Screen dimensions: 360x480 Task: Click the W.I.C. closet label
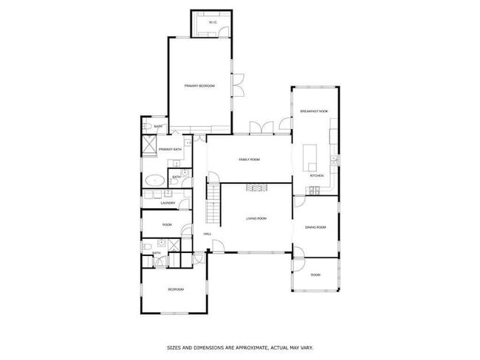pyautogui.click(x=213, y=22)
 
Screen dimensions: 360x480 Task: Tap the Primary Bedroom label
pyautogui.click(x=199, y=86)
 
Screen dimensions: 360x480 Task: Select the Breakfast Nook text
pyautogui.click(x=314, y=111)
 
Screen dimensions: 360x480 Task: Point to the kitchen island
pyautogui.click(x=309, y=154)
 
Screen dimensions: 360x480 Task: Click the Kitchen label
pyautogui.click(x=317, y=176)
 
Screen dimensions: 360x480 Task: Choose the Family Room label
pyautogui.click(x=249, y=159)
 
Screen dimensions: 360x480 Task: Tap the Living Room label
pyautogui.click(x=256, y=218)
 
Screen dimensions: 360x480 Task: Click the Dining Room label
pyautogui.click(x=315, y=227)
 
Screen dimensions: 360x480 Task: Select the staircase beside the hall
pyautogui.click(x=213, y=204)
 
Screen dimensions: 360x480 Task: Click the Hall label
pyautogui.click(x=208, y=235)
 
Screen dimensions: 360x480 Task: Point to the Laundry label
pyautogui.click(x=167, y=203)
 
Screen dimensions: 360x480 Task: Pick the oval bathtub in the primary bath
pyautogui.click(x=155, y=179)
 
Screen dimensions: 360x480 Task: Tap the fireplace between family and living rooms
pyautogui.click(x=256, y=187)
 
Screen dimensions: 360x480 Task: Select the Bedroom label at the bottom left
pyautogui.click(x=175, y=289)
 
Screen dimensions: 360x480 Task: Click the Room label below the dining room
pyautogui.click(x=315, y=274)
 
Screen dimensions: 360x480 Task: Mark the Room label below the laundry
pyautogui.click(x=167, y=224)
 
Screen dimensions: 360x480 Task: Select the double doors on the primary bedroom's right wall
pyautogui.click(x=238, y=86)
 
